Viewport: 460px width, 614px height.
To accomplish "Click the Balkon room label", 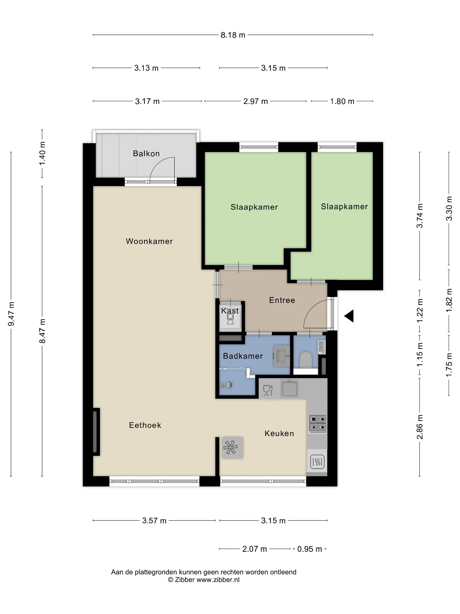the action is pyautogui.click(x=146, y=153).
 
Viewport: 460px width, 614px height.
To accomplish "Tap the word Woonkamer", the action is pyautogui.click(x=149, y=241).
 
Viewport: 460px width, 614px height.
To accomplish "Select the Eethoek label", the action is pyautogui.click(x=145, y=425).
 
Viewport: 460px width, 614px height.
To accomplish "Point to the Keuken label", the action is pyautogui.click(x=279, y=433).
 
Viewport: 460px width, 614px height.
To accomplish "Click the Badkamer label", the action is pyautogui.click(x=243, y=356).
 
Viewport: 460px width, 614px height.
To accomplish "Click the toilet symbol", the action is pyautogui.click(x=306, y=360).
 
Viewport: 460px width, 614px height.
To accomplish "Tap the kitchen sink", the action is pyautogui.click(x=290, y=388).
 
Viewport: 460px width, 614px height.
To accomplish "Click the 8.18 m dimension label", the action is pyautogui.click(x=233, y=35).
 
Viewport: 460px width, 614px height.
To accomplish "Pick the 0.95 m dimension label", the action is pyautogui.click(x=310, y=549).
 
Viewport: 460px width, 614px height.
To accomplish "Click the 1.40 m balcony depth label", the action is pyautogui.click(x=42, y=153).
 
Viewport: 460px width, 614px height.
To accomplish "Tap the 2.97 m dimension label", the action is pyautogui.click(x=255, y=101).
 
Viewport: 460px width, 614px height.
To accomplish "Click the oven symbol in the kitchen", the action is pyautogui.click(x=317, y=462).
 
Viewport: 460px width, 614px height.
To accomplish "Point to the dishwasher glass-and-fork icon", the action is pyautogui.click(x=268, y=390).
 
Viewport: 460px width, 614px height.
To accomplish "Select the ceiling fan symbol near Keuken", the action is pyautogui.click(x=231, y=448).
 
